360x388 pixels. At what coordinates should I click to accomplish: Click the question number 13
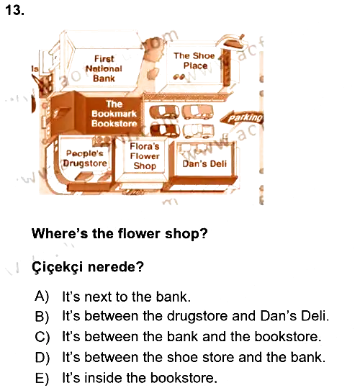(14, 11)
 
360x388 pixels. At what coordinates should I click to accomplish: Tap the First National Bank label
(104, 68)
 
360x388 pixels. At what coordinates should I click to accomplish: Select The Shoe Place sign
(194, 60)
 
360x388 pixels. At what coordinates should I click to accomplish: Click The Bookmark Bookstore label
(114, 114)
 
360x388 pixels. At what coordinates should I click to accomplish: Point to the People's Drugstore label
(85, 158)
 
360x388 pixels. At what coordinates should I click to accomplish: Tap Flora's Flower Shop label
(145, 156)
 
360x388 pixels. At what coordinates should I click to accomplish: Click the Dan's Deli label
(204, 163)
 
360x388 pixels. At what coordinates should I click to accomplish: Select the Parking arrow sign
(241, 117)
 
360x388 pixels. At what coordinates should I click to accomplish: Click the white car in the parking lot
(198, 131)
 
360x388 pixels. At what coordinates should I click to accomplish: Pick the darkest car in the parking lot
(165, 130)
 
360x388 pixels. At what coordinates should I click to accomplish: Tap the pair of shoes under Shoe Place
(179, 77)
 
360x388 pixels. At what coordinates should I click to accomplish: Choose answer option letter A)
(42, 296)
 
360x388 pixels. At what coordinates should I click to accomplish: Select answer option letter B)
(42, 316)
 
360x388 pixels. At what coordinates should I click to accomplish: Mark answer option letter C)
(42, 337)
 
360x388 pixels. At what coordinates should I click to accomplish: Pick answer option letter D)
(42, 357)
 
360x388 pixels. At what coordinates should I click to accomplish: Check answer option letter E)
(42, 378)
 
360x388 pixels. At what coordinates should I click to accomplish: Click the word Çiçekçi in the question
(58, 267)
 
